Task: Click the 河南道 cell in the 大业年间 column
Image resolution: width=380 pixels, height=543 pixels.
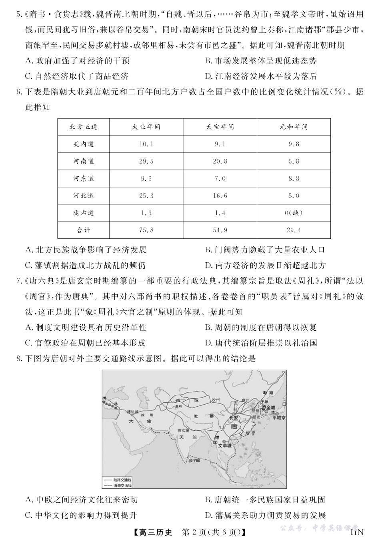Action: (x=146, y=161)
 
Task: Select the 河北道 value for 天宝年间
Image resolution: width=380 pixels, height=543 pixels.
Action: (x=220, y=196)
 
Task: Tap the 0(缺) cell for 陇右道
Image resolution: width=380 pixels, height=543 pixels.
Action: (x=294, y=213)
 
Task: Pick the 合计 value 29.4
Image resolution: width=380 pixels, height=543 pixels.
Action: (x=294, y=230)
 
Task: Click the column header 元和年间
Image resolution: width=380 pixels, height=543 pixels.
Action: (x=294, y=127)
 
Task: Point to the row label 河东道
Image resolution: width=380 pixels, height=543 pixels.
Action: (x=84, y=178)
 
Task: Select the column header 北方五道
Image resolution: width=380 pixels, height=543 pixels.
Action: (x=84, y=127)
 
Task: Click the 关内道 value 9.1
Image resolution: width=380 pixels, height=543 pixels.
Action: (x=220, y=144)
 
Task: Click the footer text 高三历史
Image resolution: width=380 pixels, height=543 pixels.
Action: (x=154, y=532)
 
